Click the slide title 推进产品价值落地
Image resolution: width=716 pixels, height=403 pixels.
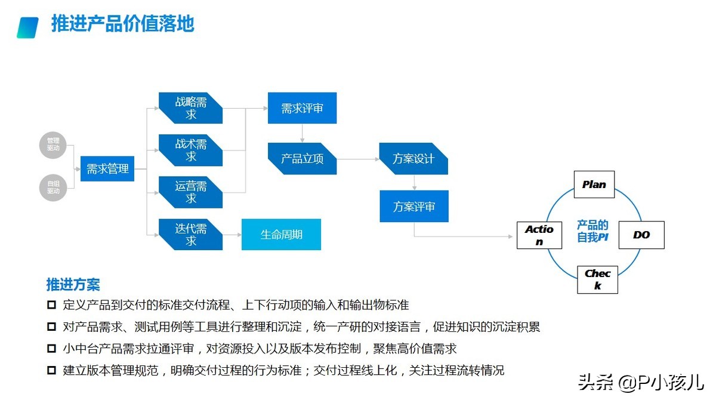[123, 24]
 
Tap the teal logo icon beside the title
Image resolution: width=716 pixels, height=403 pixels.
[28, 27]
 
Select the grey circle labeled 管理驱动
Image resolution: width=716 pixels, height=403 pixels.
[53, 145]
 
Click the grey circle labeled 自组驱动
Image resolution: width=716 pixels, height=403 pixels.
[53, 187]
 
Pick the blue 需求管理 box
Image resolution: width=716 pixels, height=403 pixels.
[107, 169]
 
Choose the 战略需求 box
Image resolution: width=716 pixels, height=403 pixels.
[190, 108]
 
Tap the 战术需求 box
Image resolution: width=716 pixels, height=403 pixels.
[190, 150]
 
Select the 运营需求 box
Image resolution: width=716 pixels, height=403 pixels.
[190, 192]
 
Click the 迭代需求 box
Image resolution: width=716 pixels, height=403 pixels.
[190, 235]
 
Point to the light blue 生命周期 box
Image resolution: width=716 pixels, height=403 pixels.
[281, 235]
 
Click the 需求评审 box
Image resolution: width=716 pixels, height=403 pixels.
[302, 109]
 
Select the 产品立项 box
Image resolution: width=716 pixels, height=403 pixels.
[302, 159]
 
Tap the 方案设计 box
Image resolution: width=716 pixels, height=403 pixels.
[413, 159]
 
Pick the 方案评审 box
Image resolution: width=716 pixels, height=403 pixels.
[413, 207]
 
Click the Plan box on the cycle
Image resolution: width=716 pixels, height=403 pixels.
[594, 184]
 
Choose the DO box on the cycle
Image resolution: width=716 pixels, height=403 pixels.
[641, 235]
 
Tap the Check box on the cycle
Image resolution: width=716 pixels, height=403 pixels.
[597, 279]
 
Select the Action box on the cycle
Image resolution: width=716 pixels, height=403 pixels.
[539, 235]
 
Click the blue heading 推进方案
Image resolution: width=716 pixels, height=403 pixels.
[73, 284]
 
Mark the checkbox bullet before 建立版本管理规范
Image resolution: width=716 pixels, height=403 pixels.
[51, 370]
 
